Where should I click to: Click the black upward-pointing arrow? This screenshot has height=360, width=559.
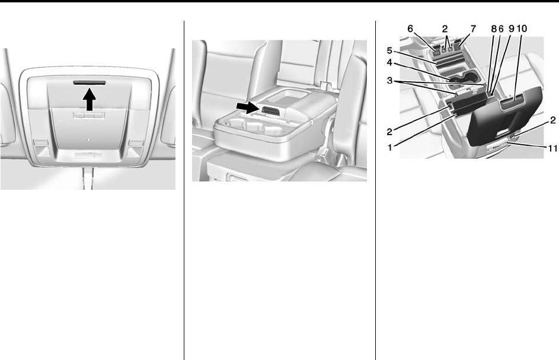tap(89, 100)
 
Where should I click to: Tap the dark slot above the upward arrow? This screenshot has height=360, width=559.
tap(89, 83)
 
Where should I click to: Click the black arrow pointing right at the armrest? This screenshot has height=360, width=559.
tap(247, 107)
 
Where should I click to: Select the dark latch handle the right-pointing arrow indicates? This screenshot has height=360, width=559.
tap(271, 110)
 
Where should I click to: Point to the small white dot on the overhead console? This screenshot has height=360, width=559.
tap(89, 139)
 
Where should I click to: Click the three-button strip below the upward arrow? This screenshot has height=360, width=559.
tap(89, 115)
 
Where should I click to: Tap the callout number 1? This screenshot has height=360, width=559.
tap(390, 146)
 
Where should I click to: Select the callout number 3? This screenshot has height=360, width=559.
tap(389, 81)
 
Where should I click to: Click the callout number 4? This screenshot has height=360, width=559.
tap(389, 62)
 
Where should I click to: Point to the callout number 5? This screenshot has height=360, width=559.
tap(389, 50)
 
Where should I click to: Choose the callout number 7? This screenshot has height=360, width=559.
tap(473, 28)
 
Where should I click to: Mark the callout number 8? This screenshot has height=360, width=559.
tap(494, 28)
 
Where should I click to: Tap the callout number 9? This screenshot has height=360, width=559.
tap(511, 28)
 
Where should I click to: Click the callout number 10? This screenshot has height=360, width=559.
tap(522, 28)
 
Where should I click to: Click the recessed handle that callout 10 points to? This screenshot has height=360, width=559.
tap(512, 103)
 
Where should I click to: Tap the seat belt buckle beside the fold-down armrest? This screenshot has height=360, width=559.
tap(324, 86)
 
